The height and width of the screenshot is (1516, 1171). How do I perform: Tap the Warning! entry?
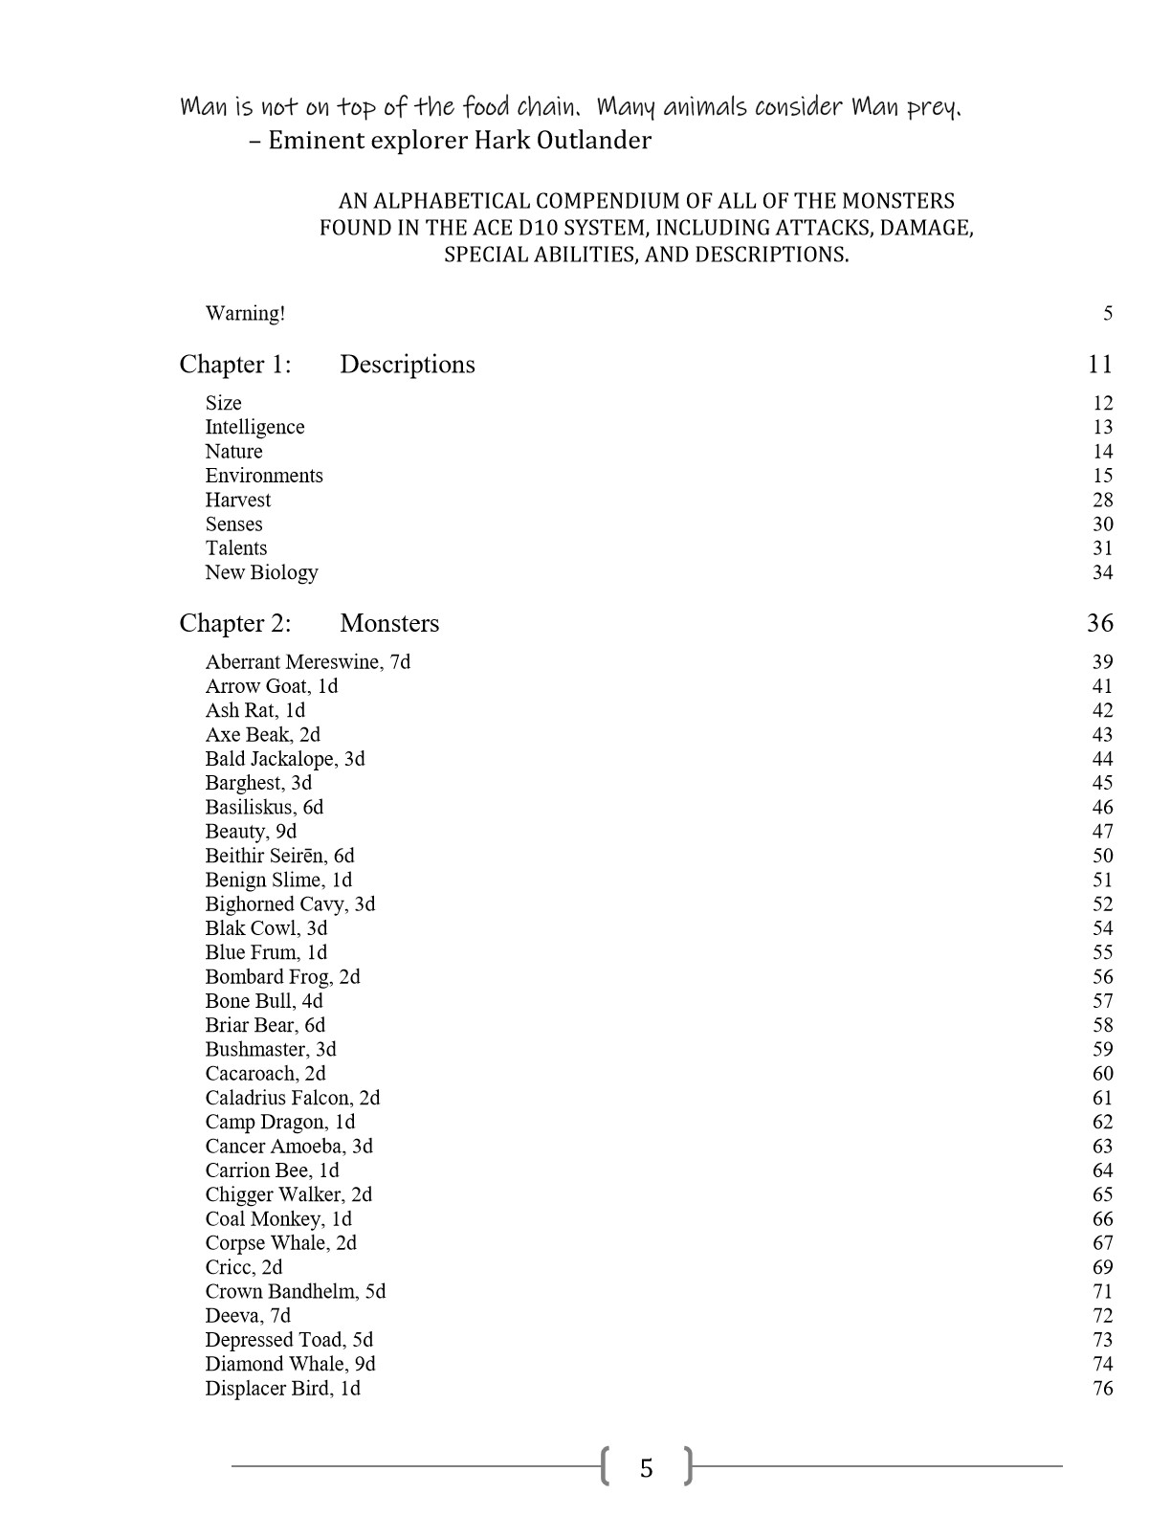[x=245, y=313]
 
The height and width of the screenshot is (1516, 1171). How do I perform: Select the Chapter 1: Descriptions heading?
[x=326, y=365]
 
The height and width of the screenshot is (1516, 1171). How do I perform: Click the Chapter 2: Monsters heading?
[x=309, y=623]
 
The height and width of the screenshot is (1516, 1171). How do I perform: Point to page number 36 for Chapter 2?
[x=1099, y=623]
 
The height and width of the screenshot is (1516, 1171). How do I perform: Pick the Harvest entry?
[x=237, y=500]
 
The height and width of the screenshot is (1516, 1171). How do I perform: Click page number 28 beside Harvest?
[x=1102, y=500]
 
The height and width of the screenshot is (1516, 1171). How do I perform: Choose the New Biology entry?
[x=261, y=572]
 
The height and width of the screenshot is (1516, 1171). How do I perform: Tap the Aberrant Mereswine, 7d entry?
[x=307, y=661]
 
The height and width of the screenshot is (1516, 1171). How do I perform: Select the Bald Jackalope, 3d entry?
[x=284, y=759]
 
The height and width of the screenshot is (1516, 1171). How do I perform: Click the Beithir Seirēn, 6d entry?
[x=279, y=856]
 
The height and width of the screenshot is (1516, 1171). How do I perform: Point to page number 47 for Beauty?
[x=1102, y=832]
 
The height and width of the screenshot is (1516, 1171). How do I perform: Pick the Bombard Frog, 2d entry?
[x=282, y=977]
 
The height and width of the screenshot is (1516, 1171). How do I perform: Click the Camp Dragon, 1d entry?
[x=279, y=1122]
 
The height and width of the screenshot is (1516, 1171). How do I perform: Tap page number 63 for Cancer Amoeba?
[x=1102, y=1147]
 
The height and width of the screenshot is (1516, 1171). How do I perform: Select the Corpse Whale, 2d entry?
[x=280, y=1243]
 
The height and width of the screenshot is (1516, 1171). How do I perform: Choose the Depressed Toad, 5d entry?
[x=289, y=1340]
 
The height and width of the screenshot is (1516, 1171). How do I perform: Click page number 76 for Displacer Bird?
[x=1102, y=1389]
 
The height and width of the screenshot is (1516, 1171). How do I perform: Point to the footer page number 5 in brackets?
[x=647, y=1468]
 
